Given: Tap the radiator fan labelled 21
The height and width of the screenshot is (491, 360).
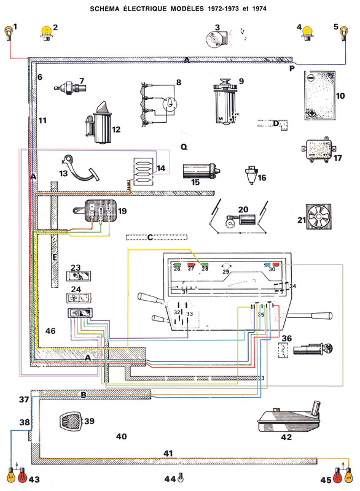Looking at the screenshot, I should coord(318,220).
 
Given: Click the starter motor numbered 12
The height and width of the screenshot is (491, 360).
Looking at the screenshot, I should coord(98,122).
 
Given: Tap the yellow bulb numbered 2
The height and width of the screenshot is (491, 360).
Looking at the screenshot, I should coord(45,31).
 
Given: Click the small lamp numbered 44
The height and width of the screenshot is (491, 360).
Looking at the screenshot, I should coord(181,478).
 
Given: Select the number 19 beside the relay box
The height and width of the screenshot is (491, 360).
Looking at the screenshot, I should coord(122,211).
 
